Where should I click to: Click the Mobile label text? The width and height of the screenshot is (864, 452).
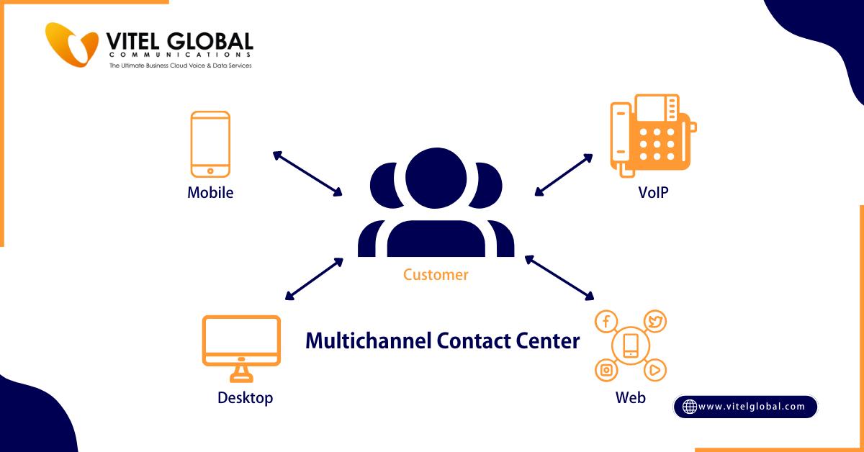pos(210,193)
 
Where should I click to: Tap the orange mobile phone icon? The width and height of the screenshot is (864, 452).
pos(210,144)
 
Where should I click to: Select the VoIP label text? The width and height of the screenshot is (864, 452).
pos(653,193)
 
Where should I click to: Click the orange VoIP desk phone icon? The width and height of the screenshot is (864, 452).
pos(652,135)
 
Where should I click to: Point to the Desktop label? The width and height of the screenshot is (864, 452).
pos(246,398)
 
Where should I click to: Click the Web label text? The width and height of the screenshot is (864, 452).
pos(630,398)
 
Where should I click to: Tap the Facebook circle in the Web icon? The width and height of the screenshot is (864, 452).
pos(606,322)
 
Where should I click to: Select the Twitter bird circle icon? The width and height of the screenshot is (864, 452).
pos(654,321)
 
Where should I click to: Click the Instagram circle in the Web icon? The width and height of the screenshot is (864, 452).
pos(606,370)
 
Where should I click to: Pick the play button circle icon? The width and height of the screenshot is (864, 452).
pos(654,370)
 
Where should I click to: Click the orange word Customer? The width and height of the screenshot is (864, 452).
pos(436,275)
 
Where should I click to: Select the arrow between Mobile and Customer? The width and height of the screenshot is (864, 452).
pos(307,173)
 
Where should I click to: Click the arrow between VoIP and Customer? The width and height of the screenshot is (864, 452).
pos(564,174)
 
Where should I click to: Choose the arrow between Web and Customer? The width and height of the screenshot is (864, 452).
pos(559,277)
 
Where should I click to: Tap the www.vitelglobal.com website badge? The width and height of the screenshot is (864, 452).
pos(745,407)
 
